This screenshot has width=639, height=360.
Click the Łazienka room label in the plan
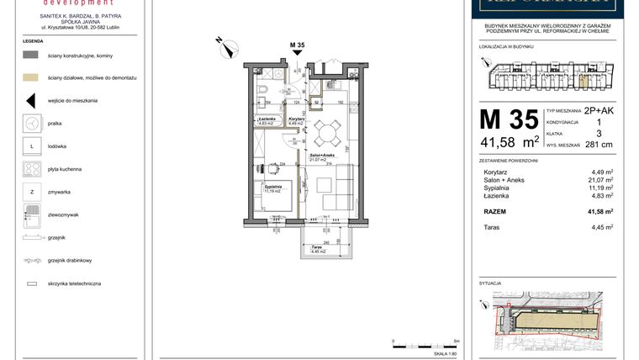(x=267, y=120)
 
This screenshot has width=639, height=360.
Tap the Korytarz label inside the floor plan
(x=295, y=120)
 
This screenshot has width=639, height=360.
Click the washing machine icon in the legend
(x=30, y=123)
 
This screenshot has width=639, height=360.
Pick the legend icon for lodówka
(x=30, y=146)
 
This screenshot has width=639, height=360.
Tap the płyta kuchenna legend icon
(x=30, y=169)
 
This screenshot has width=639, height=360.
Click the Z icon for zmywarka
(x=30, y=192)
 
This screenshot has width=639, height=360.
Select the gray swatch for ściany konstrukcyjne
(x=30, y=54)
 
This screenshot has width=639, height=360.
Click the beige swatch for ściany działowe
(x=30, y=77)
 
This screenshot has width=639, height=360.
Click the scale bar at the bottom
(x=425, y=345)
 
